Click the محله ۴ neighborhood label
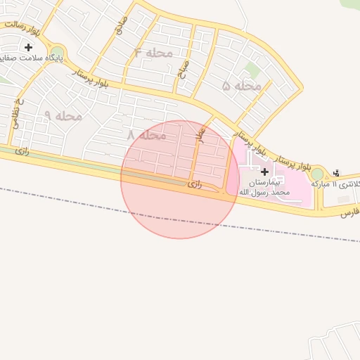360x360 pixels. coord(153,53)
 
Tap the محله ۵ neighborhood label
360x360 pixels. coord(241,86)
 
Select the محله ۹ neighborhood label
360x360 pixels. coord(63,115)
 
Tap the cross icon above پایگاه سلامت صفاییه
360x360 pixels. coord(28,47)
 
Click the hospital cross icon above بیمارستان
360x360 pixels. coord(264,171)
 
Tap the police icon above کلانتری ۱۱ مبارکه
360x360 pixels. coord(336,172)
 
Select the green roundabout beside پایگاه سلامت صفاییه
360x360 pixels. coord(56,51)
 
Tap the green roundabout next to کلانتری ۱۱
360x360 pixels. coord(317,174)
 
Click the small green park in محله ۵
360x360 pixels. coord(252,70)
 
